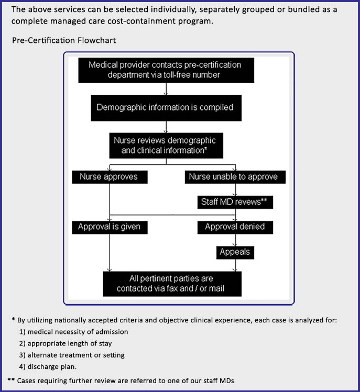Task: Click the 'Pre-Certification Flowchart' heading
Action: pyautogui.click(x=64, y=40)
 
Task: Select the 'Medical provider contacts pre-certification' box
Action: pyautogui.click(x=166, y=70)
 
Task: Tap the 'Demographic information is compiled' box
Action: pyautogui.click(x=166, y=108)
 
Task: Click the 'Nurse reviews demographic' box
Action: pyautogui.click(x=166, y=145)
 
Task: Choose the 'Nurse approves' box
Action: pyautogui.click(x=110, y=177)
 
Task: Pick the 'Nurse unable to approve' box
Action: pyautogui.click(x=235, y=177)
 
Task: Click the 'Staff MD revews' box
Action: pyautogui.click(x=235, y=202)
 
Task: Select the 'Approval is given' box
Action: pyautogui.click(x=110, y=227)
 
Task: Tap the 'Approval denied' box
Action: pyautogui.click(x=235, y=227)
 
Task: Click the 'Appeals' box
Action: pyautogui.click(x=235, y=252)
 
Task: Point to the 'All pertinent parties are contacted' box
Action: pyautogui.click(x=172, y=284)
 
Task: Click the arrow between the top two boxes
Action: pyautogui.click(x=166, y=89)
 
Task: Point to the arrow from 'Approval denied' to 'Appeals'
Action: pyautogui.click(x=235, y=240)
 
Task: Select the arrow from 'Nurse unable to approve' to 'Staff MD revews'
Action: pyautogui.click(x=235, y=190)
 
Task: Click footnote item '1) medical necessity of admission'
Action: pyautogui.click(x=73, y=332)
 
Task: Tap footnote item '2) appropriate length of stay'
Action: pyautogui.click(x=66, y=343)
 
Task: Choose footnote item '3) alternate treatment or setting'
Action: pyautogui.click(x=72, y=355)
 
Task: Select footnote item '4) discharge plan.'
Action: pyautogui.click(x=48, y=367)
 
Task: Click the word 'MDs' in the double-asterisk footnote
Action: pyautogui.click(x=227, y=381)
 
